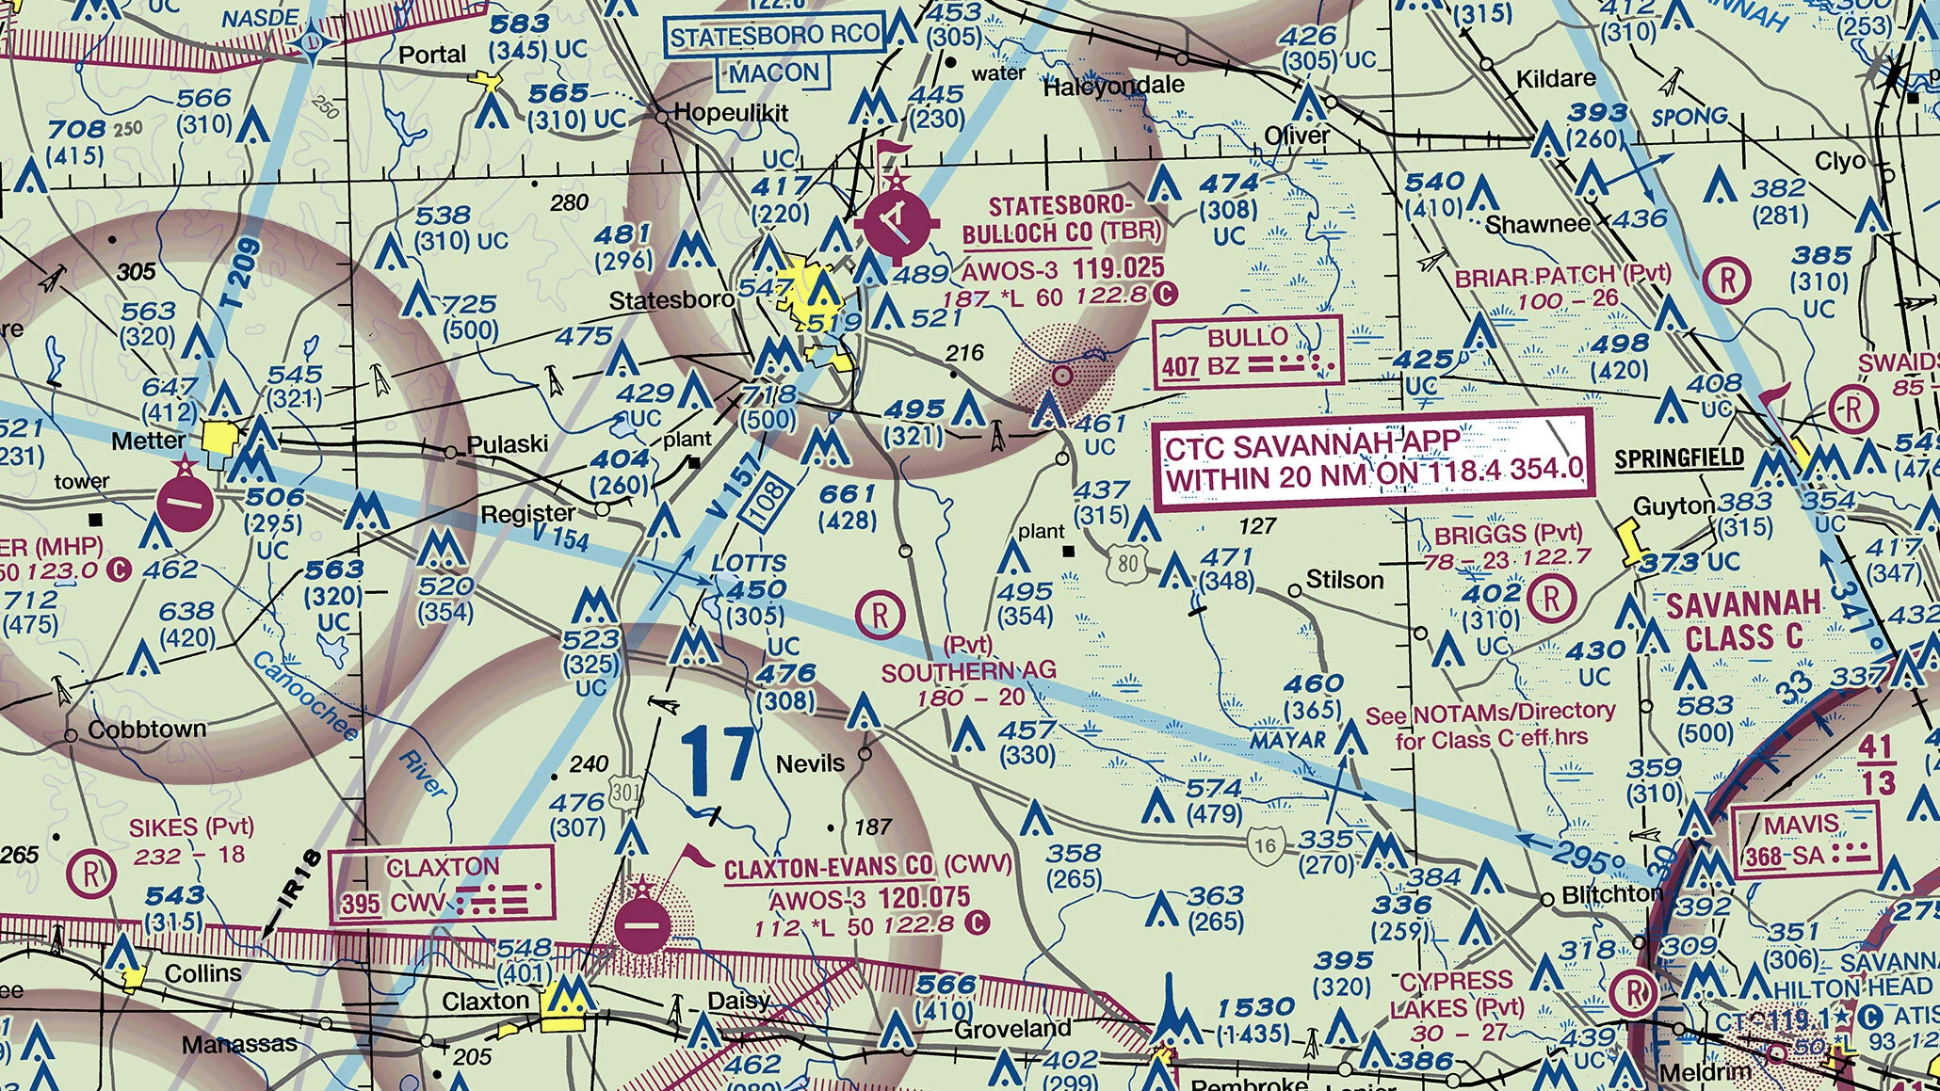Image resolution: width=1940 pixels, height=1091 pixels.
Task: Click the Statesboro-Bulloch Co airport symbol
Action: [897, 224]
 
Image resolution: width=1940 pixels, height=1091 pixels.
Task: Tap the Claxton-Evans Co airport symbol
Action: [642, 924]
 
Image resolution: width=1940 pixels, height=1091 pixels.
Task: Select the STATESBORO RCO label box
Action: [775, 37]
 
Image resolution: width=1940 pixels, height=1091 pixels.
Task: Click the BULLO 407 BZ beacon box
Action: [1247, 352]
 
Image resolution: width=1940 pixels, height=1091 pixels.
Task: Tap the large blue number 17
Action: [718, 760]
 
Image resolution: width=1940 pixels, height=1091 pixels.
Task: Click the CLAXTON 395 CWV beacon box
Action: [441, 885]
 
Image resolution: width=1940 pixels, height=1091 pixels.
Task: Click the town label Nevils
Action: [809, 763]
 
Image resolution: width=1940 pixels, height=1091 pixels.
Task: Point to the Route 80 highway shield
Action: [1128, 564]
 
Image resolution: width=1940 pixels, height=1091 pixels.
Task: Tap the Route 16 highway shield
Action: [1265, 844]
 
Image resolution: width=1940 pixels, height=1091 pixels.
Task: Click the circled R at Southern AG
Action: [880, 616]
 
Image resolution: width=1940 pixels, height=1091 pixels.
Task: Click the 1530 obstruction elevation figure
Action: [1255, 1008]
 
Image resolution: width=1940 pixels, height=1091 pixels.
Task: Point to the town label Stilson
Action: [1345, 580]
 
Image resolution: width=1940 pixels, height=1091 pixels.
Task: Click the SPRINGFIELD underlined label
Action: [1678, 458]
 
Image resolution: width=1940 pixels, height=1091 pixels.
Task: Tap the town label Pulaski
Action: [507, 443]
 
